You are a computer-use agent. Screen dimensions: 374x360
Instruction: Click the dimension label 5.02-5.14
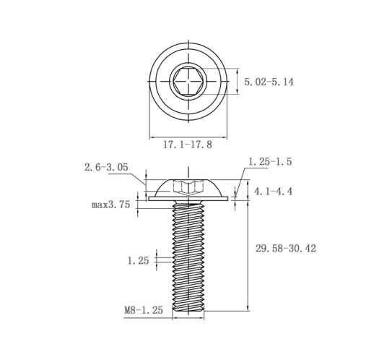click(269, 82)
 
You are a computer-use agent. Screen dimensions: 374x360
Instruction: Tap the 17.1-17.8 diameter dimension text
click(188, 145)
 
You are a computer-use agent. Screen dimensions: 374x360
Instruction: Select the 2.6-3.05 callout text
click(106, 167)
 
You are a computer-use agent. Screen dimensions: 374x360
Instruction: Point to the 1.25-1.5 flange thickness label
click(270, 161)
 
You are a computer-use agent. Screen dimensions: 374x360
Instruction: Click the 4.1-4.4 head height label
click(274, 192)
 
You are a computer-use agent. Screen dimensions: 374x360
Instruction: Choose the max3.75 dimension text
click(110, 205)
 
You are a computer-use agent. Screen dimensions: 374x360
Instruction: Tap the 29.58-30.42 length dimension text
click(286, 248)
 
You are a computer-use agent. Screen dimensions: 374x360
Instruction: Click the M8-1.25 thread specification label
click(144, 310)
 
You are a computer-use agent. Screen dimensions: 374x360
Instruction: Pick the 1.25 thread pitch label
click(138, 260)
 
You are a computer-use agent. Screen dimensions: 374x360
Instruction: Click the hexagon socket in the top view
click(188, 81)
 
